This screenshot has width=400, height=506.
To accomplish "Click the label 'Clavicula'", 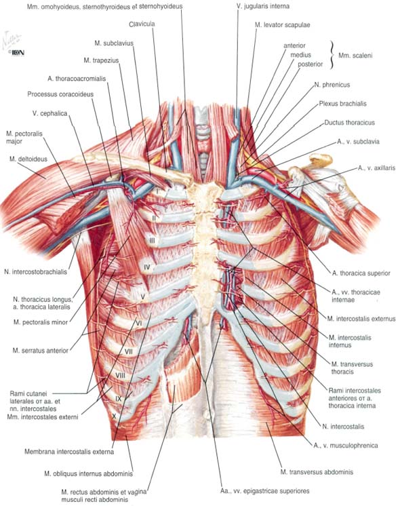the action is tap(142, 24).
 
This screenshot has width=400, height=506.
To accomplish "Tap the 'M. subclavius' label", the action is tap(114, 43).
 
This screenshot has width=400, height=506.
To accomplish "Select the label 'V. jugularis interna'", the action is tap(262, 6).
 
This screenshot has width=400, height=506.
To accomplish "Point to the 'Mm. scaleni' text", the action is tap(355, 56).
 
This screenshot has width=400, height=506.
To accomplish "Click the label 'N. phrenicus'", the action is tap(332, 85).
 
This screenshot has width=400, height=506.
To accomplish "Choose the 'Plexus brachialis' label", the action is tap(342, 104).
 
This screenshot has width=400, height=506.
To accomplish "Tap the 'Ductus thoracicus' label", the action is tap(349, 123).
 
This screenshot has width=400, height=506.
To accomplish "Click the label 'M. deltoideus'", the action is tap(28, 159).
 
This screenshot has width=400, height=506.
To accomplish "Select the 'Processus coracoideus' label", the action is tap(60, 94).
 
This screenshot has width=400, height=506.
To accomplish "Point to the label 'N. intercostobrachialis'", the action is tap(35, 272).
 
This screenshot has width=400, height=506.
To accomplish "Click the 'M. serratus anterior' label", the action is tap(40, 351).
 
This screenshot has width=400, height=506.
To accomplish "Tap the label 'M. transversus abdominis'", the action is tap(317, 472).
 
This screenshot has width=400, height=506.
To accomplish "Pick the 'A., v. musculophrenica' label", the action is tap(346, 446).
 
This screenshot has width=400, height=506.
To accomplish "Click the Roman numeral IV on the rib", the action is tap(146, 267).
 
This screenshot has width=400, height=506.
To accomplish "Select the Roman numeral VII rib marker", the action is tap(129, 351).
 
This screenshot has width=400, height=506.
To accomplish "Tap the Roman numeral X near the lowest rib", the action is tap(113, 416).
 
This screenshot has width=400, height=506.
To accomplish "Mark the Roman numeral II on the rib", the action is tap(155, 218).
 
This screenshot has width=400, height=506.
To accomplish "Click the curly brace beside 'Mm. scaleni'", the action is tap(331, 55).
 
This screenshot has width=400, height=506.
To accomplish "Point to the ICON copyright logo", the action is tap(18, 53).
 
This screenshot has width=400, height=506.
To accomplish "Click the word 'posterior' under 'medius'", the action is tap(311, 64).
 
